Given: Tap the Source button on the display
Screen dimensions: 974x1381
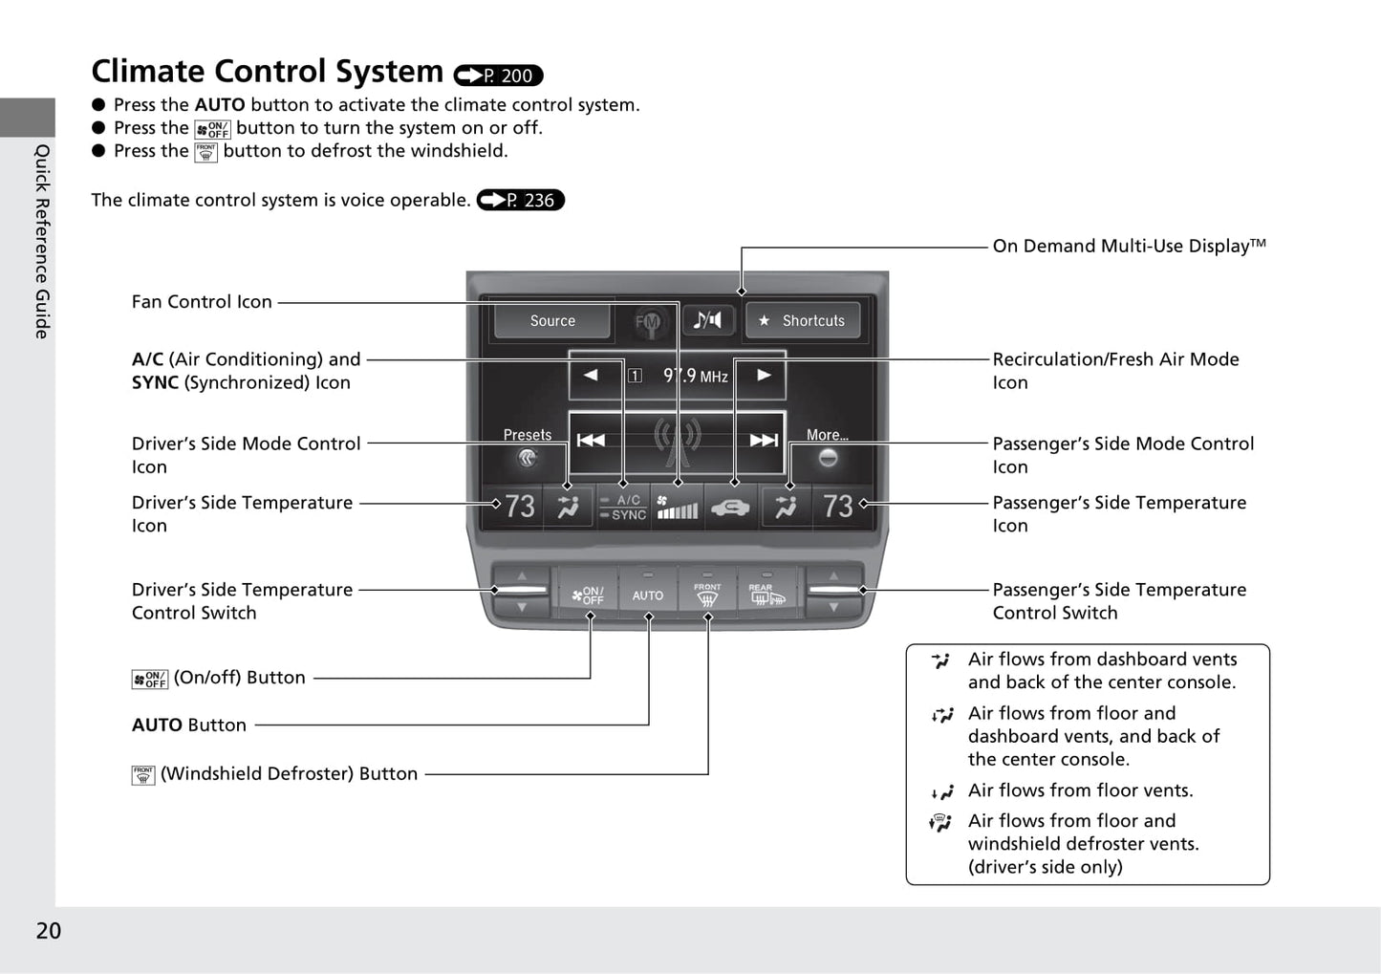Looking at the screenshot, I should click(x=552, y=321).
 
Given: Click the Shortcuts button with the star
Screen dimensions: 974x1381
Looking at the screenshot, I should click(x=803, y=321).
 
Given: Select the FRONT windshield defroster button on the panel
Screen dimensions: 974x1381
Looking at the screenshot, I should click(x=707, y=595).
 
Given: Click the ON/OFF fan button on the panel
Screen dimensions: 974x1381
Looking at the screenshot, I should click(x=589, y=595).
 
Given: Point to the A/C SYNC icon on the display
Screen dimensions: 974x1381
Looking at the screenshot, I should click(x=623, y=507).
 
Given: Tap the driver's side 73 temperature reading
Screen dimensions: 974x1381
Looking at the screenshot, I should click(x=519, y=506).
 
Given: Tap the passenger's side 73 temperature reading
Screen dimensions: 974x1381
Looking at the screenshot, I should click(x=837, y=506).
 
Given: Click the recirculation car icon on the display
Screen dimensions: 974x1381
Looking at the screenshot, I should click(x=730, y=507).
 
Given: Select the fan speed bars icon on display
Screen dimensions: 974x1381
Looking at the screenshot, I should click(x=677, y=507).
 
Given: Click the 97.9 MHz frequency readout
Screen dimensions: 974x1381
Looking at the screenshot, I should click(x=695, y=376).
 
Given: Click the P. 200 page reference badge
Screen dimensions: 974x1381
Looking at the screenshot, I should click(x=498, y=76).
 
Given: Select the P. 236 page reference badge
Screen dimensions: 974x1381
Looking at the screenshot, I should click(x=521, y=200).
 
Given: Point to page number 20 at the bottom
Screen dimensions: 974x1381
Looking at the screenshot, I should click(x=48, y=930).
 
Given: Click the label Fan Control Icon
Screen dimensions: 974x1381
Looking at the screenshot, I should click(x=202, y=302).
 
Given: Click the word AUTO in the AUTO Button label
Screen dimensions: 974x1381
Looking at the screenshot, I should click(x=157, y=725).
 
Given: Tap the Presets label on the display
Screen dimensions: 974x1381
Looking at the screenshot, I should click(x=528, y=435).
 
